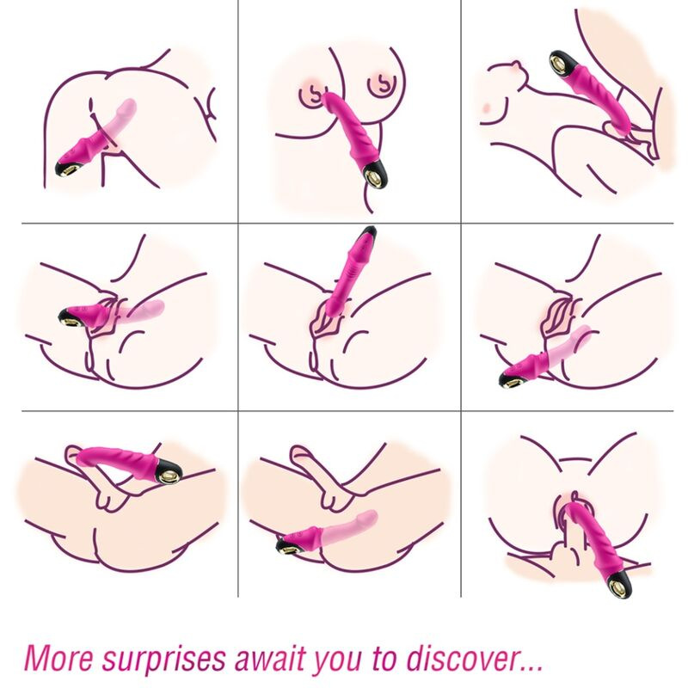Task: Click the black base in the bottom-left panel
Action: point(169,470)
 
